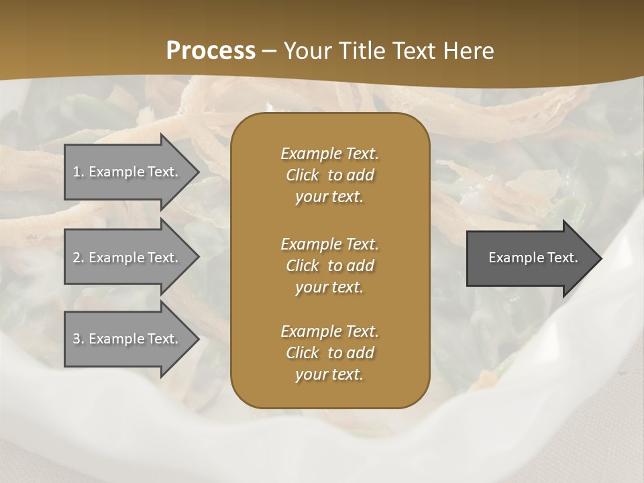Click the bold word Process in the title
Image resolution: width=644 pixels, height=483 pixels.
pos(211,51)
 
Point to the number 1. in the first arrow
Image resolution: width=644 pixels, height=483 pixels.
pos(78,172)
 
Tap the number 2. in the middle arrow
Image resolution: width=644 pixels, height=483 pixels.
pos(78,258)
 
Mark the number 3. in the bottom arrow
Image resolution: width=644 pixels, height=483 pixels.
pos(78,339)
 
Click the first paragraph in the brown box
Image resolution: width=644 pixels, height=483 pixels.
pos(329,175)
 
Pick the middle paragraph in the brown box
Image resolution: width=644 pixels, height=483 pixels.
pos(329,266)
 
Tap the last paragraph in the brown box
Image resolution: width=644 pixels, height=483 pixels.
pos(329,353)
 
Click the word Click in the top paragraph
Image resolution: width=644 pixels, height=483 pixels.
pos(302,175)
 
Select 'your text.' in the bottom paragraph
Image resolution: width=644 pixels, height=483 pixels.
pos(329,374)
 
